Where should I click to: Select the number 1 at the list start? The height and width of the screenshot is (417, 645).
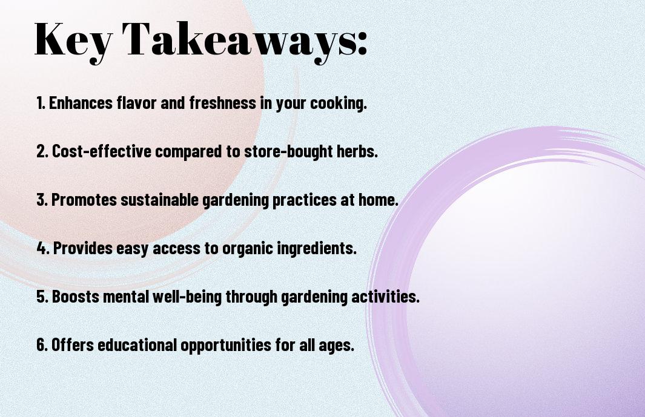40,103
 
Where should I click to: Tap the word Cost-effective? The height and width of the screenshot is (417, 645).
102,151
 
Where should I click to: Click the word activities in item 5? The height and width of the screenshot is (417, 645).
385,297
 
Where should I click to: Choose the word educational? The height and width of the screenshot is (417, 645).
137,345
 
